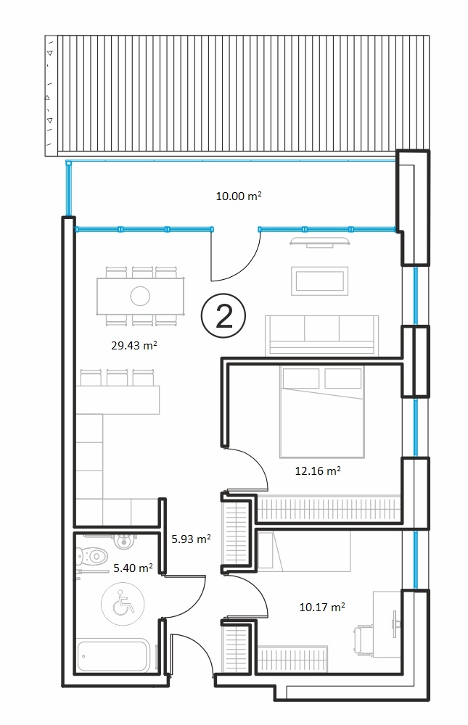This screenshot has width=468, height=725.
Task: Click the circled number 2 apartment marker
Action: (x=223, y=317)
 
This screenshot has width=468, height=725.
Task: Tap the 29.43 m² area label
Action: (x=134, y=345)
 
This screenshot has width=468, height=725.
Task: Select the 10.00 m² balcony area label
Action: (x=239, y=196)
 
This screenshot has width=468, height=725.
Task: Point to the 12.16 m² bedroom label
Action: (x=318, y=471)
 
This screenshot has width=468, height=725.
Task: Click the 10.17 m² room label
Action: (x=322, y=607)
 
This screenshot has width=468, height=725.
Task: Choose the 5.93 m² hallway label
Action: (x=191, y=539)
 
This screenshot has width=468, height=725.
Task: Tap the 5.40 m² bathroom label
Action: (x=134, y=568)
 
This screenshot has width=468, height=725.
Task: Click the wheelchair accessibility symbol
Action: (x=123, y=604)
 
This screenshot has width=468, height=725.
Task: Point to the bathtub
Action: (x=113, y=655)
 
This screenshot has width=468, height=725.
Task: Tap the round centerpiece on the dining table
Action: (x=140, y=296)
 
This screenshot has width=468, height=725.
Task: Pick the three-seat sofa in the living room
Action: (x=321, y=335)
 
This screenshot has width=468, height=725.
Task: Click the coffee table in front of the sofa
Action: (x=319, y=281)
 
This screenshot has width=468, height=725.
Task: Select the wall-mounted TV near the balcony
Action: (x=319, y=242)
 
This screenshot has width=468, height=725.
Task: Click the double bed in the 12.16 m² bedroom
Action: (x=322, y=412)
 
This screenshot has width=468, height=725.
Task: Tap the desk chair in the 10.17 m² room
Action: (x=364, y=640)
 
